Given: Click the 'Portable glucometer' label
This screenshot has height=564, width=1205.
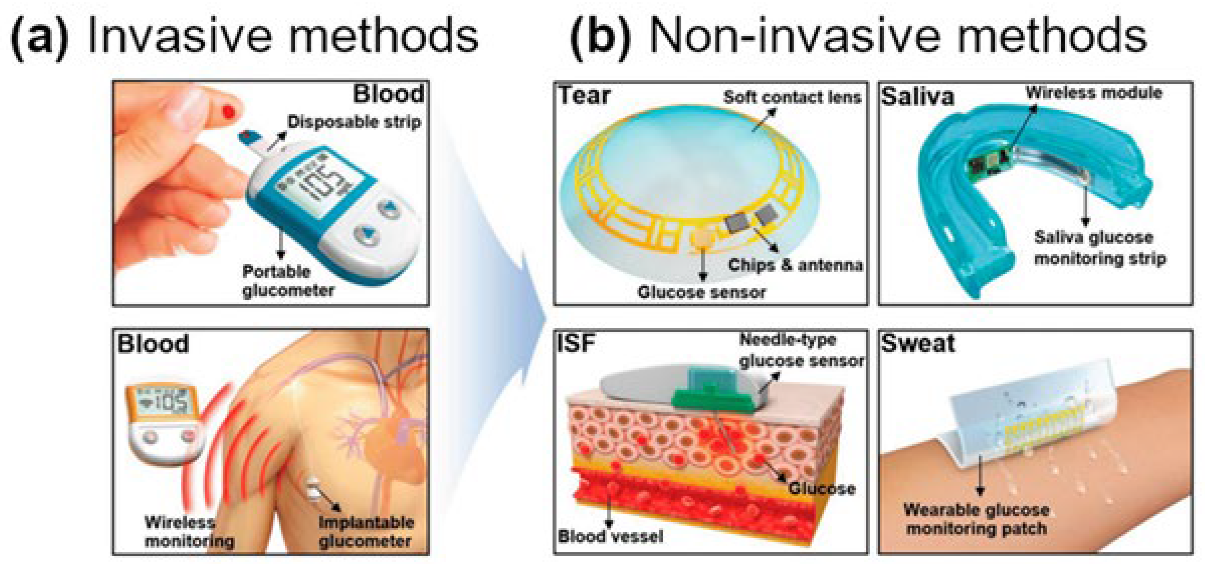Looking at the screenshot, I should coord(288,281).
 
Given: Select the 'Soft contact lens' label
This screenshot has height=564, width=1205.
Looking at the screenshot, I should coord(792,97).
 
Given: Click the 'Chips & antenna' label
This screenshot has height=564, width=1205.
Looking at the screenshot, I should coord(795,265).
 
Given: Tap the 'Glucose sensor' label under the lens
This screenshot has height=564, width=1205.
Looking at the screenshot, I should coord(701,292).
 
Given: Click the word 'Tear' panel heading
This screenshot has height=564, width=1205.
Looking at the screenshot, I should coord(584,96).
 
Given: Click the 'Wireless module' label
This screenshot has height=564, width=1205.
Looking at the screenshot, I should coord(1094,93).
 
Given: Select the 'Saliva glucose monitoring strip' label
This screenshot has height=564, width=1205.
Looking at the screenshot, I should coord(1099,248).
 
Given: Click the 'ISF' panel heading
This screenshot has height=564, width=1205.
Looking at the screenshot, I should coord(576,343).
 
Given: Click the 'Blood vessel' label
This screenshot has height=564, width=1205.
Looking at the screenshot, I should coord(611,536).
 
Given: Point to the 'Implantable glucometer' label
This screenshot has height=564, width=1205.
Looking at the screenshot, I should coord(365,532).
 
